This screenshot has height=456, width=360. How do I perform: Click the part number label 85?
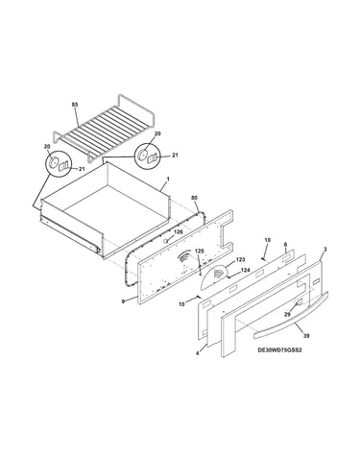pyautogui.click(x=75, y=105)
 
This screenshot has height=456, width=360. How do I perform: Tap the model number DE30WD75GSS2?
pyautogui.click(x=280, y=349)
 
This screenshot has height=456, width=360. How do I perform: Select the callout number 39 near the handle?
pyautogui.click(x=306, y=336)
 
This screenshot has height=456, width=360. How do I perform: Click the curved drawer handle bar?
pyautogui.click(x=291, y=317)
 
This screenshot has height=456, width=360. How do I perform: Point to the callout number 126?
pyautogui.click(x=179, y=231)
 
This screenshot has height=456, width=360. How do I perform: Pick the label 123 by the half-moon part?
pyautogui.click(x=240, y=259)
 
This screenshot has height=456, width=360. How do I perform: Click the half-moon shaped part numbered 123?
pyautogui.click(x=214, y=276)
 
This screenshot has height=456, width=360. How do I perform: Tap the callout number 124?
pyautogui.click(x=245, y=271)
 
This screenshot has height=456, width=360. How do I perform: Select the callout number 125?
pyautogui.click(x=199, y=252)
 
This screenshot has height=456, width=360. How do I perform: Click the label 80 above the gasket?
pyautogui.click(x=194, y=198)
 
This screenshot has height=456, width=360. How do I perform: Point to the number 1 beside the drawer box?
pyautogui.click(x=168, y=180)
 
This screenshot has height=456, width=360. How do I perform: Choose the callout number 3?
pyautogui.click(x=325, y=249)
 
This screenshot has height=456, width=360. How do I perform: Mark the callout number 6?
pyautogui.click(x=285, y=244)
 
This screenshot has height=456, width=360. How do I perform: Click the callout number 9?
pyautogui.click(x=123, y=301)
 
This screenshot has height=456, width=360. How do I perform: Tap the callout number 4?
pyautogui.click(x=197, y=353)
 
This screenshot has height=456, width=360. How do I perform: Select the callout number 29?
pyautogui.click(x=287, y=315)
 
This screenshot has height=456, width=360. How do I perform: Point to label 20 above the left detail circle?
pyautogui.click(x=47, y=146)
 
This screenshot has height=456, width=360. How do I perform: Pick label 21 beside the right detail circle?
pyautogui.click(x=175, y=156)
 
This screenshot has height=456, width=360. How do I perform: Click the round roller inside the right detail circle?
pyautogui.click(x=141, y=155)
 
